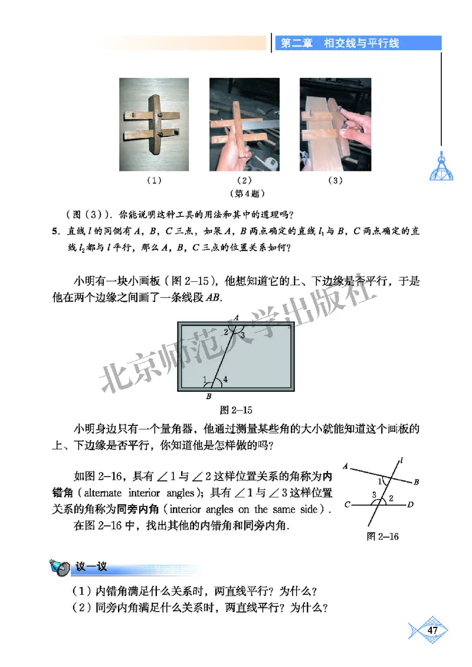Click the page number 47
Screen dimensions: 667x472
click(433, 631)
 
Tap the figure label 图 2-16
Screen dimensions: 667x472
click(383, 536)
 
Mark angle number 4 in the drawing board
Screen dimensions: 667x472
click(225, 379)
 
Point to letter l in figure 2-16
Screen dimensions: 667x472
click(401, 458)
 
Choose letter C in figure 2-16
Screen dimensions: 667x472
click(348, 505)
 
